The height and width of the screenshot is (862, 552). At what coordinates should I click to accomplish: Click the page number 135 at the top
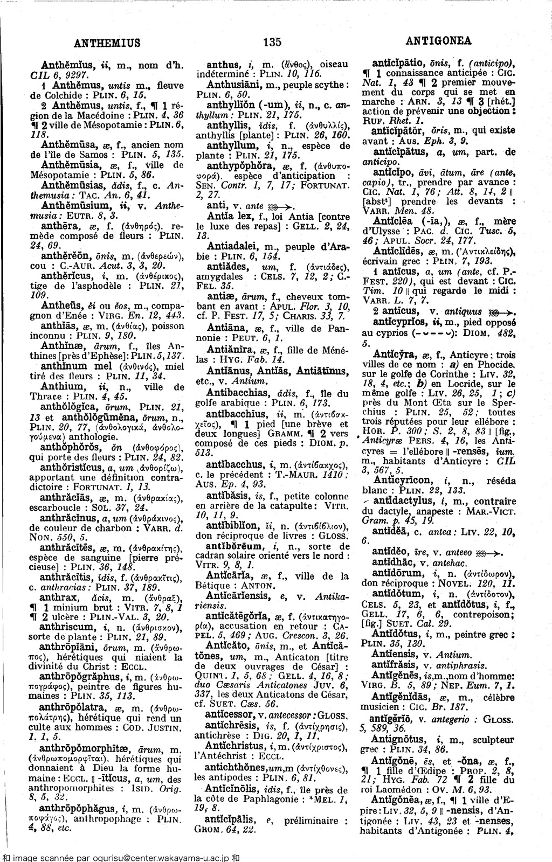click(x=273, y=41)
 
